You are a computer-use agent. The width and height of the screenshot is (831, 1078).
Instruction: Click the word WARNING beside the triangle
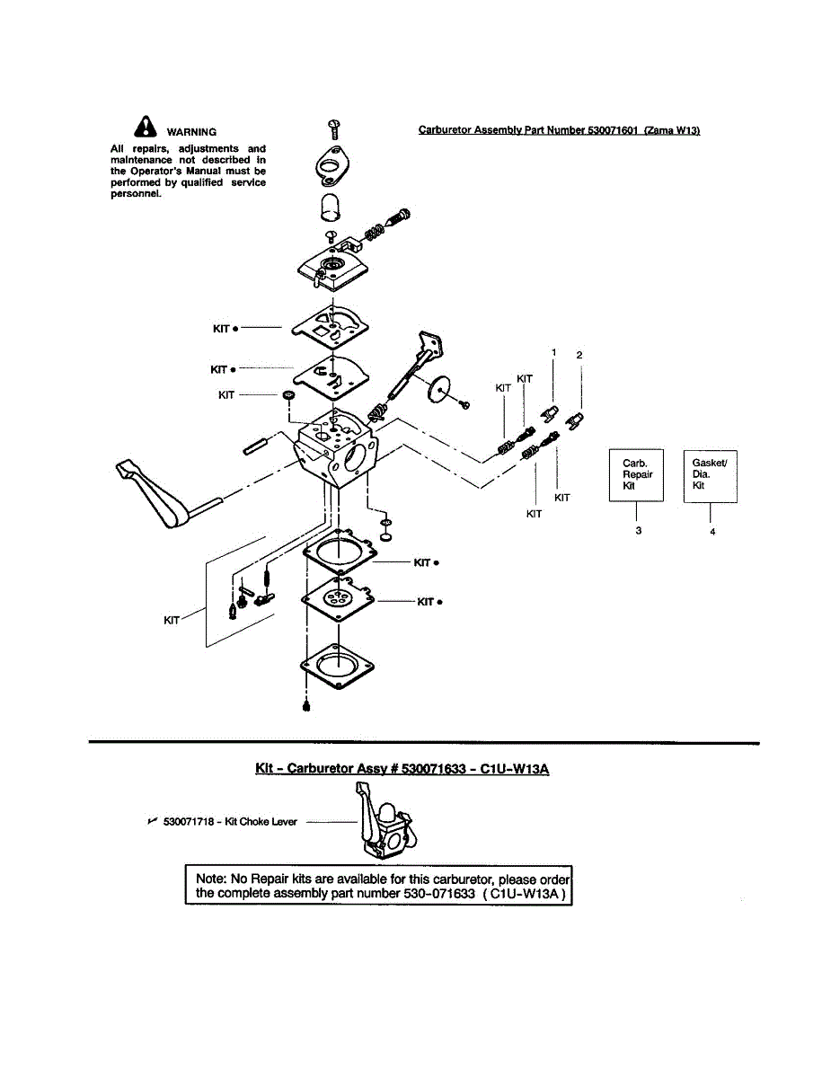191,132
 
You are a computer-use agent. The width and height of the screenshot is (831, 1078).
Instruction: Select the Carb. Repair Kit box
637,475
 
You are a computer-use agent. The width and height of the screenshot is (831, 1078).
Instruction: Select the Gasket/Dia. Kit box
711,475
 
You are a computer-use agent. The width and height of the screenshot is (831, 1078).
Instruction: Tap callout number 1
554,353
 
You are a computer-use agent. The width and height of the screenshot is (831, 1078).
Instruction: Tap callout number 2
579,356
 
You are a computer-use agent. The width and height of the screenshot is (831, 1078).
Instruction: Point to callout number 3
638,531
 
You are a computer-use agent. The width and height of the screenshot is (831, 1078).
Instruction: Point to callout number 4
712,532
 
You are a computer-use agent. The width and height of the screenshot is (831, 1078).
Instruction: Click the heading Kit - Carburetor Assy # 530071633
402,770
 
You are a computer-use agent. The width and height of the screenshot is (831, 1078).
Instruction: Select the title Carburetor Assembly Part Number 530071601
559,130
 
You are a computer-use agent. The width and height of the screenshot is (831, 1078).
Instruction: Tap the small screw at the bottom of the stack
307,707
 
